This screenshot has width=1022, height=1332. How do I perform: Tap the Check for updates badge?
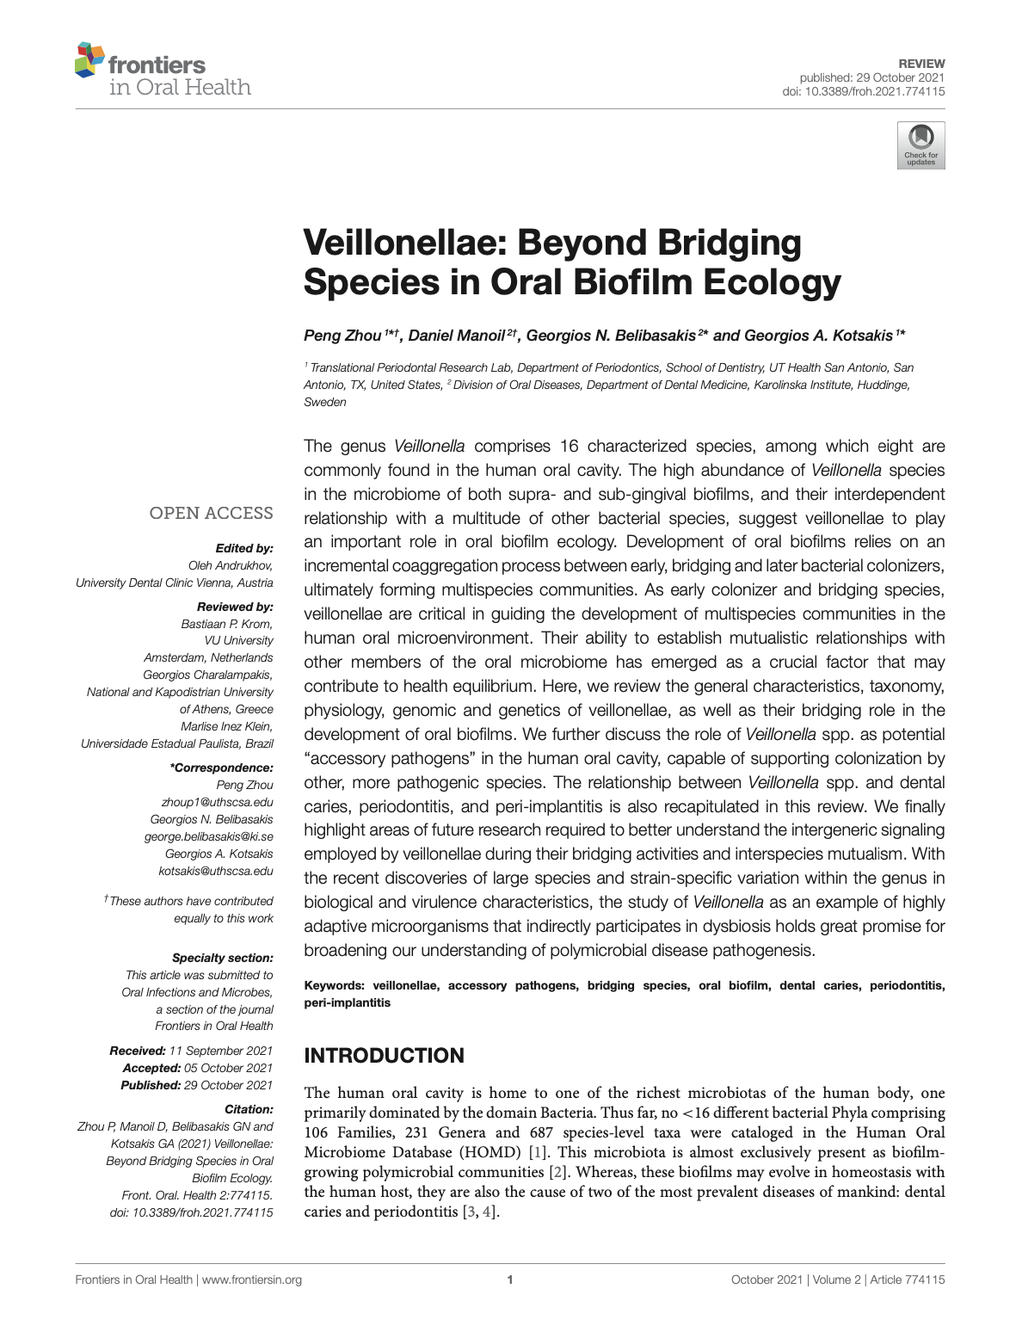click(x=920, y=145)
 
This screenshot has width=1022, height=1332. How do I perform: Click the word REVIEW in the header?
click(x=921, y=64)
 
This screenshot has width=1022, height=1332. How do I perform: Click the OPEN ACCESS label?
click(x=211, y=514)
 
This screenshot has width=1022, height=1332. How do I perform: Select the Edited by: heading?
click(x=244, y=548)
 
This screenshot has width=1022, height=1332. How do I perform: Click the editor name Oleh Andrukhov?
click(x=230, y=565)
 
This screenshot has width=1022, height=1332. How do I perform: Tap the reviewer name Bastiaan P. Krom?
click(x=226, y=624)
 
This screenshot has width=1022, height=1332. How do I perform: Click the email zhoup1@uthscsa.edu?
click(x=223, y=802)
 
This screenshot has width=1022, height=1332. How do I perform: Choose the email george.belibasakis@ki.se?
click(x=208, y=836)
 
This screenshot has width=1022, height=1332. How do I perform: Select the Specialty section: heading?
click(x=222, y=958)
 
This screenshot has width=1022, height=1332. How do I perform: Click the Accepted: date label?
click(x=151, y=1068)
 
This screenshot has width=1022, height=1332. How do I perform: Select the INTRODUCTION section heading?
click(x=384, y=1056)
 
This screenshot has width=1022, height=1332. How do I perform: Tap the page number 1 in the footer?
click(x=511, y=1280)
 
